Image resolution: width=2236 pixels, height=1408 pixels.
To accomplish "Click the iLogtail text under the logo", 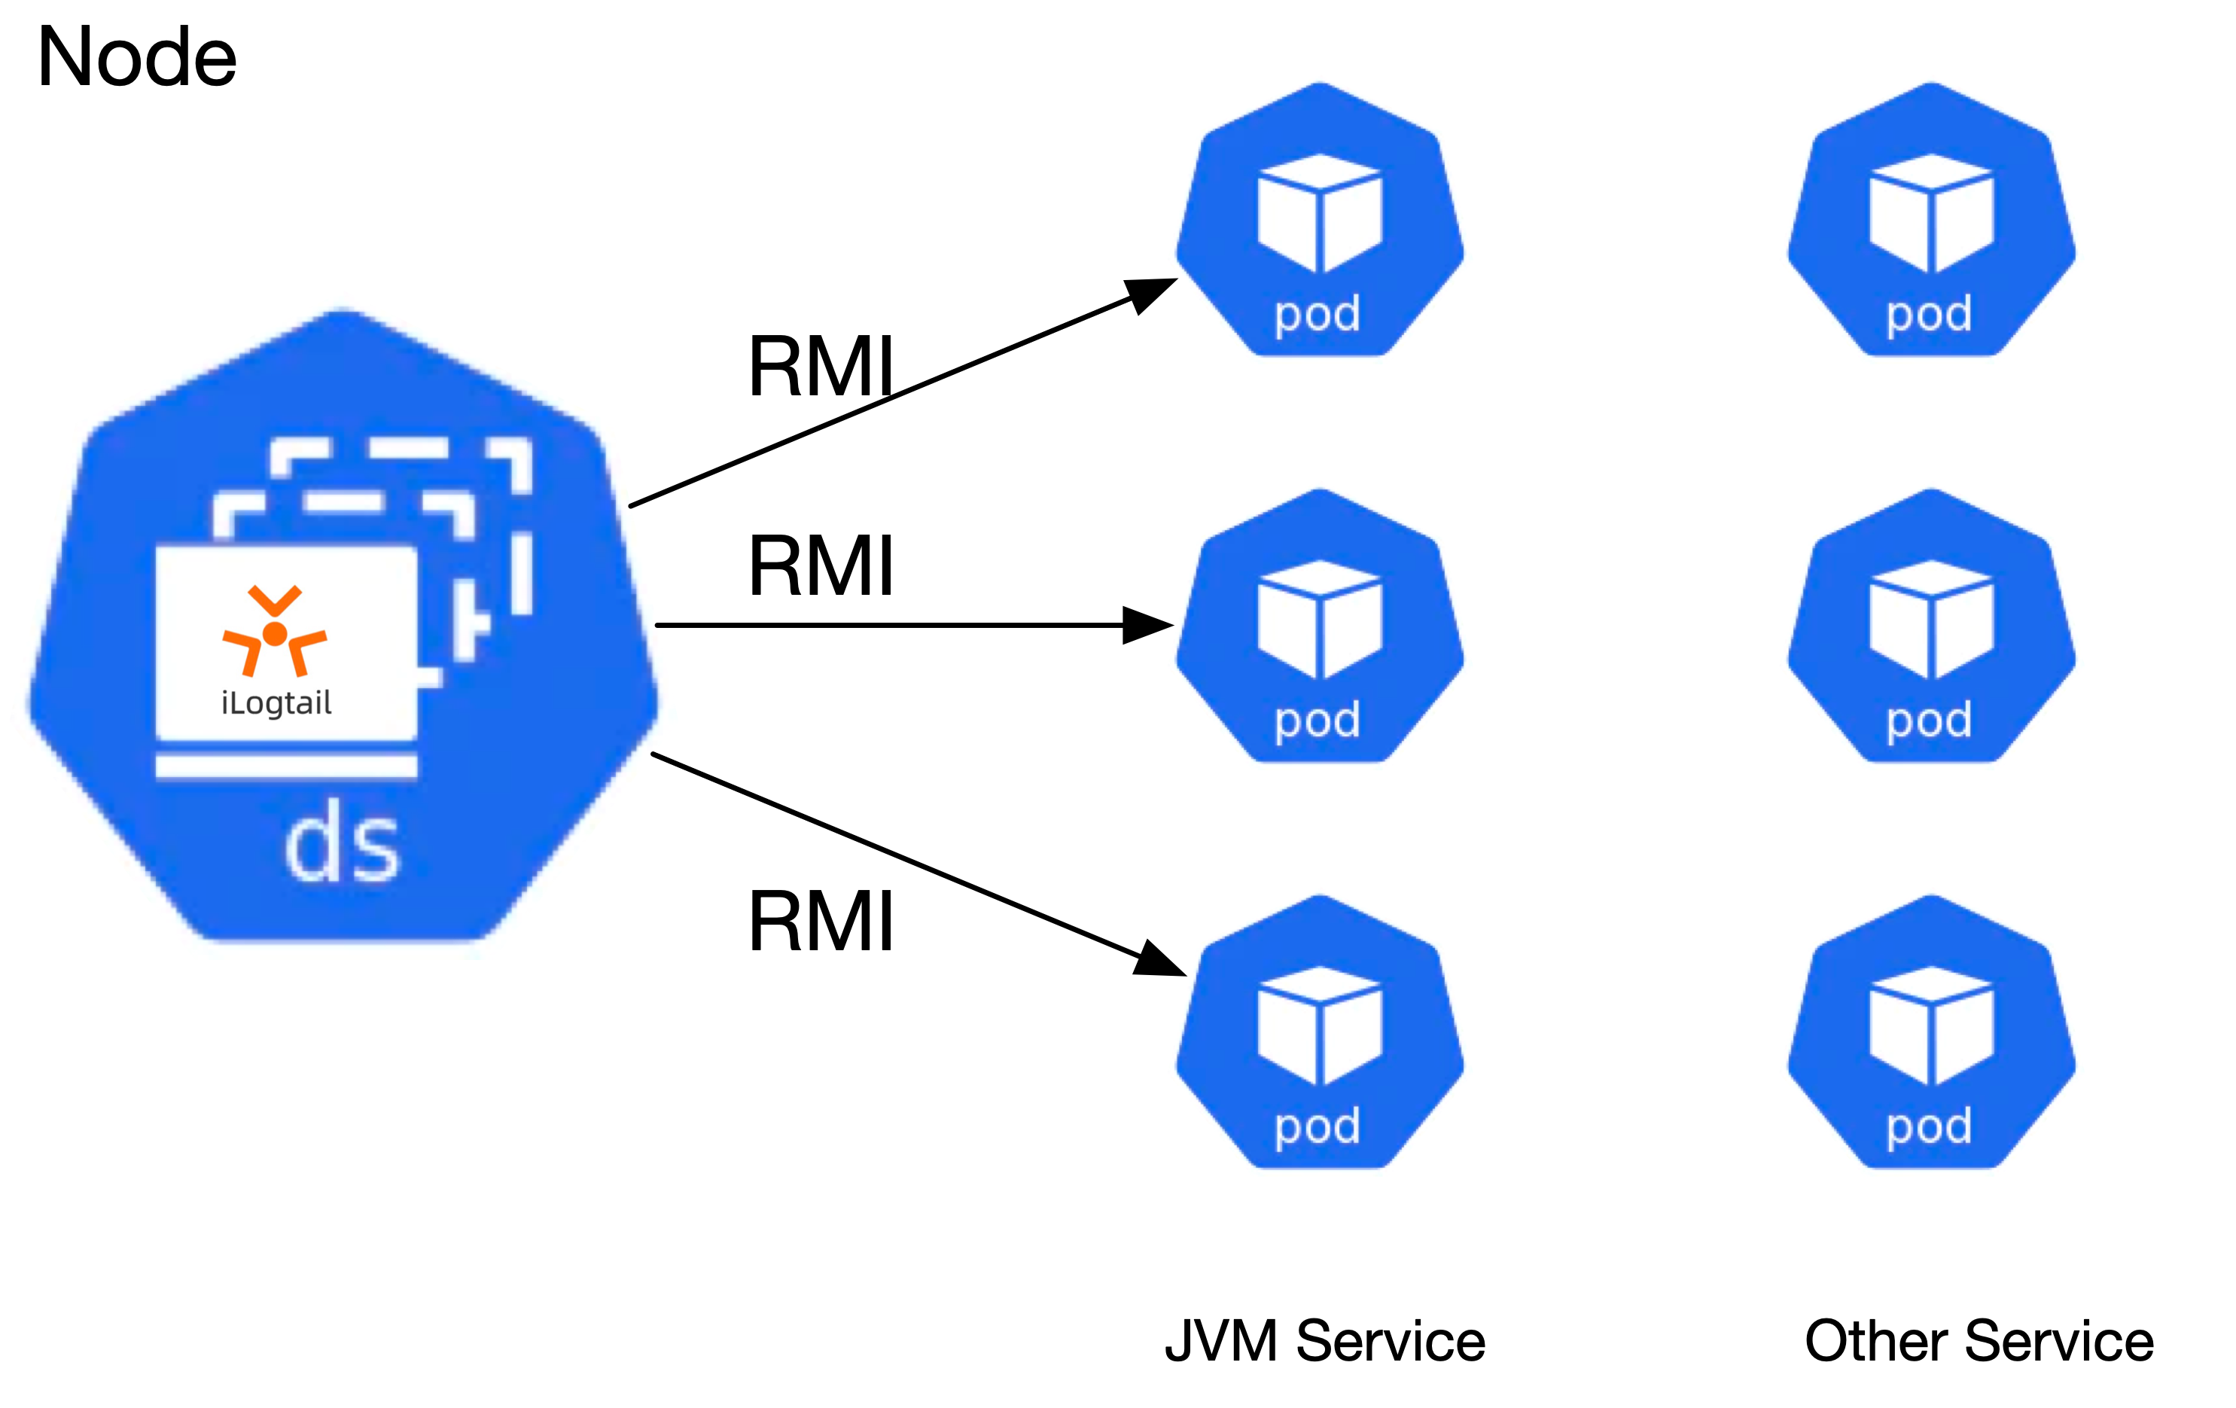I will tap(276, 702).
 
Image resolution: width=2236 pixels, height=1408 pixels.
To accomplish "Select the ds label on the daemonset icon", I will tap(342, 847).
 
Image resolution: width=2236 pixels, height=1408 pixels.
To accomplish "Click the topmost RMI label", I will tap(821, 367).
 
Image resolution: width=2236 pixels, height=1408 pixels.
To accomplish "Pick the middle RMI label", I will tap(821, 565).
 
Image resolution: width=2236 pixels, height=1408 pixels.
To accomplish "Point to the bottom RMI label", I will tap(821, 922).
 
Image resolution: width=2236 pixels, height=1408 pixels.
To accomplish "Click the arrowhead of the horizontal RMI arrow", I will tap(1150, 625).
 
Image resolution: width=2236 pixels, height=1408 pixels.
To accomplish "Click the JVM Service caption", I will tap(1325, 1341).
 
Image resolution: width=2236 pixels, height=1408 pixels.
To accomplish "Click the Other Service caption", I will tap(1979, 1341).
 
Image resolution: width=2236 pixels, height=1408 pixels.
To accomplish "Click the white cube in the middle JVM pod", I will tap(1320, 620).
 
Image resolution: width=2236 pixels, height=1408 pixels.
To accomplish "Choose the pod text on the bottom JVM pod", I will tap(1318, 1126).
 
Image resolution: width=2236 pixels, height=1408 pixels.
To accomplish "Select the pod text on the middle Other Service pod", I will tap(1929, 721).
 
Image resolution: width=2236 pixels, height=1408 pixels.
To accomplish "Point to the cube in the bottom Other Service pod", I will tap(1930, 1026).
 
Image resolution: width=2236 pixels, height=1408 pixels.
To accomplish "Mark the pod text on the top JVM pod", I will tap(1318, 315).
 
